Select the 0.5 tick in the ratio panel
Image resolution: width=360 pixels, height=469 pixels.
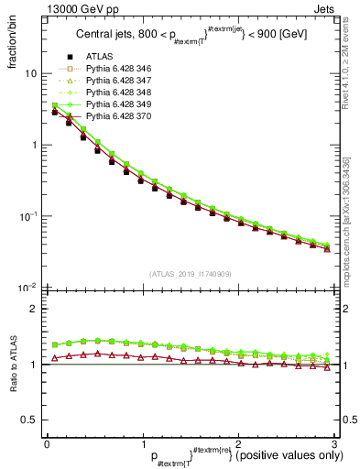[27, 420]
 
